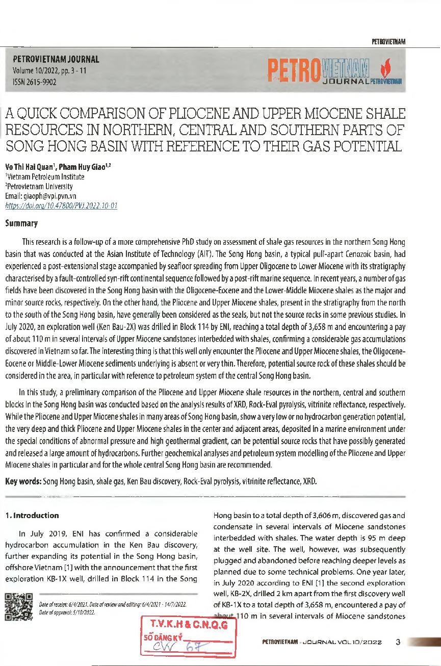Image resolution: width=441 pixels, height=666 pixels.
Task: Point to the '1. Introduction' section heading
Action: click(32, 515)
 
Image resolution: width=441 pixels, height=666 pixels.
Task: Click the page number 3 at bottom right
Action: click(398, 642)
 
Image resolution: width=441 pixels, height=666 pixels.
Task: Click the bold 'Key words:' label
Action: click(23, 480)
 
